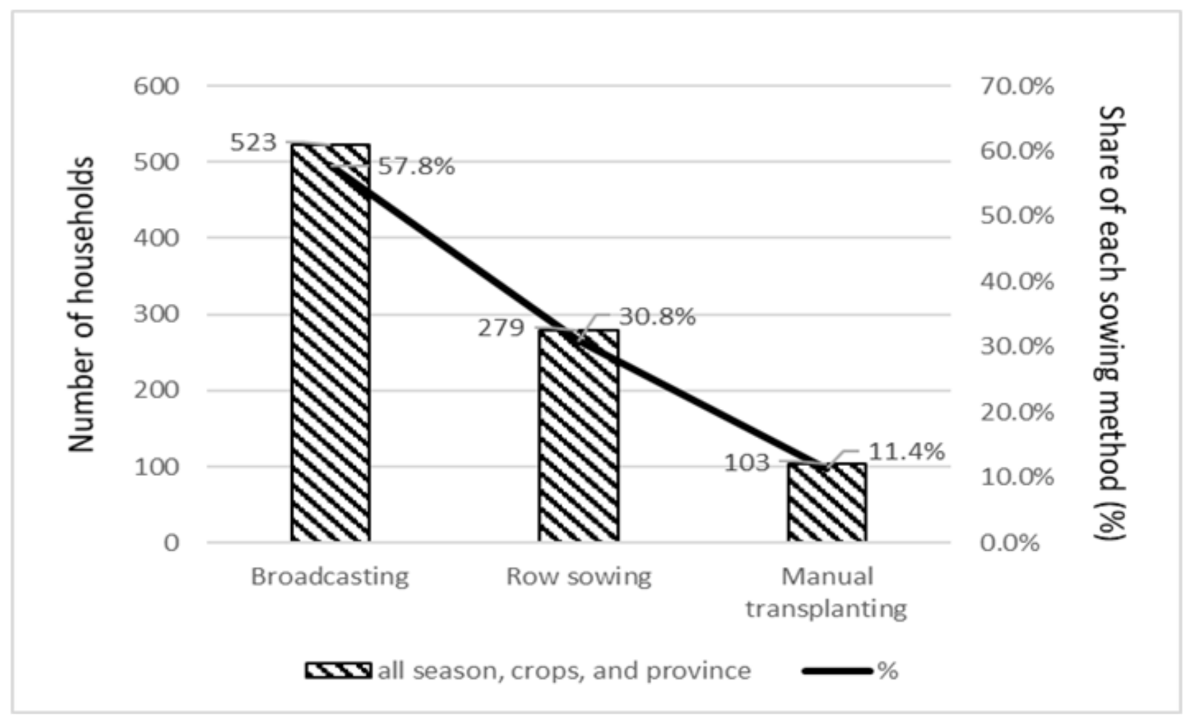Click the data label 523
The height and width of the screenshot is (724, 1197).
tap(253, 142)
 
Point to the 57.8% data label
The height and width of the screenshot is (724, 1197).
tap(416, 167)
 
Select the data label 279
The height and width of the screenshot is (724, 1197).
tap(501, 328)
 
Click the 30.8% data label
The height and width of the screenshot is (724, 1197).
tap(657, 317)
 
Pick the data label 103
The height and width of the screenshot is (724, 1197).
tap(747, 463)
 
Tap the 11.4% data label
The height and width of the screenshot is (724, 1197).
tap(906, 451)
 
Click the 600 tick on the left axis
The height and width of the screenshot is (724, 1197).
tap(156, 86)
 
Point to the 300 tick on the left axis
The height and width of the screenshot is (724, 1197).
tap(156, 314)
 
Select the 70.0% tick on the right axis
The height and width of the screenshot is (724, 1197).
tap(1016, 86)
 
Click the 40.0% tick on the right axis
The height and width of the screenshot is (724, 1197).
tap(1016, 282)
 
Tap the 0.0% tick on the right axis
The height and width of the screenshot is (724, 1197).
tap(1010, 543)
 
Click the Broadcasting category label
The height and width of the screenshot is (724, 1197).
tap(330, 577)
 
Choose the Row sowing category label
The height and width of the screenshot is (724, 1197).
tap(579, 577)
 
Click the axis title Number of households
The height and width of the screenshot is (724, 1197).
tap(82, 304)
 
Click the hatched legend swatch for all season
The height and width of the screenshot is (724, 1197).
tap(339, 671)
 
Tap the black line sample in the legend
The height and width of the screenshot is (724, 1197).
tap(838, 671)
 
